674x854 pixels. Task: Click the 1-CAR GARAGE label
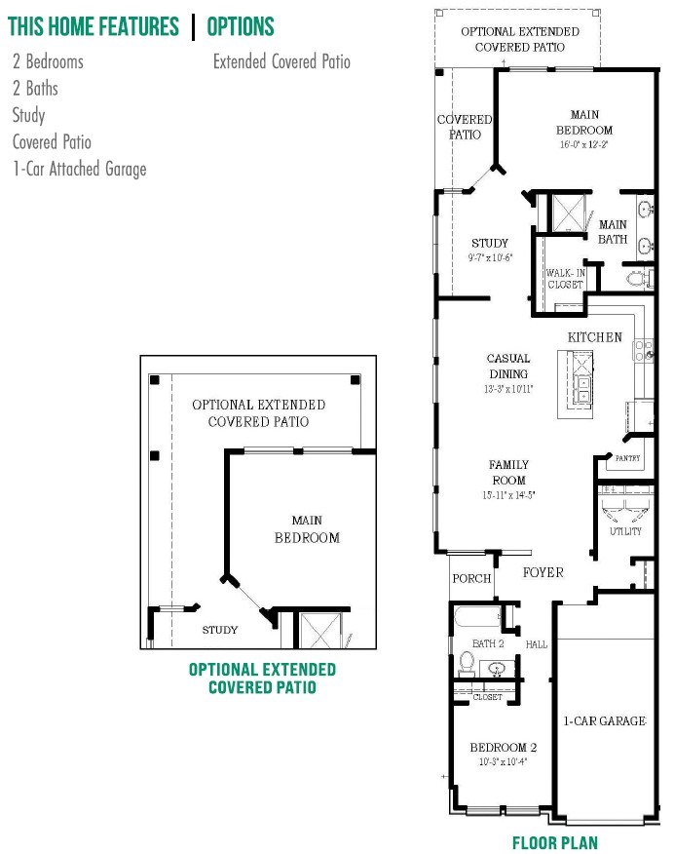(604, 721)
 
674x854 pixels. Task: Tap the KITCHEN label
(595, 337)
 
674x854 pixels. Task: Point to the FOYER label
(543, 572)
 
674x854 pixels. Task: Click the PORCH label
(472, 579)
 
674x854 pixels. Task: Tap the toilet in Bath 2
(466, 664)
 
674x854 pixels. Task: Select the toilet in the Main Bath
(638, 279)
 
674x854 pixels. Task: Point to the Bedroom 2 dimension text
(503, 762)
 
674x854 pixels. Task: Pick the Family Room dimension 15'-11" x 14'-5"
(508, 495)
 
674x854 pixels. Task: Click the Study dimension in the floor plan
(490, 258)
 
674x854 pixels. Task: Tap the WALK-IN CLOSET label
(565, 279)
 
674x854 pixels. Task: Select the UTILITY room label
(625, 531)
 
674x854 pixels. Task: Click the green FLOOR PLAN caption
(555, 842)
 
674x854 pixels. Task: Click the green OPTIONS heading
(241, 26)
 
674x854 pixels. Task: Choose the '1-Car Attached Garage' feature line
(80, 169)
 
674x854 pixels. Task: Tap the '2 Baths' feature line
(35, 89)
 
